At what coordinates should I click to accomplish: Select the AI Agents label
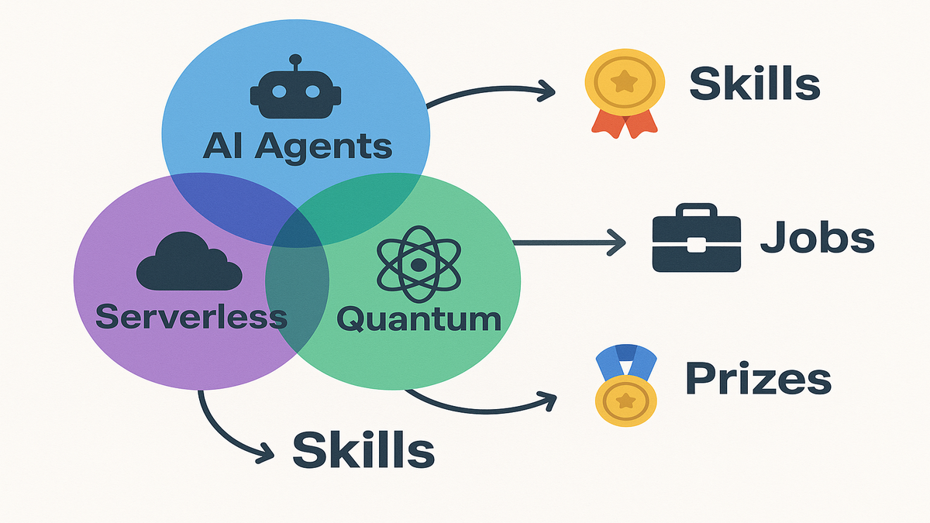[297, 146]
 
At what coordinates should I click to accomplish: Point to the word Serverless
[191, 317]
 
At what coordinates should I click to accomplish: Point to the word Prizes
[758, 379]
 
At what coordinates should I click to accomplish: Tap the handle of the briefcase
[697, 211]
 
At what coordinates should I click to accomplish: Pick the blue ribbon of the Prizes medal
[625, 362]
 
